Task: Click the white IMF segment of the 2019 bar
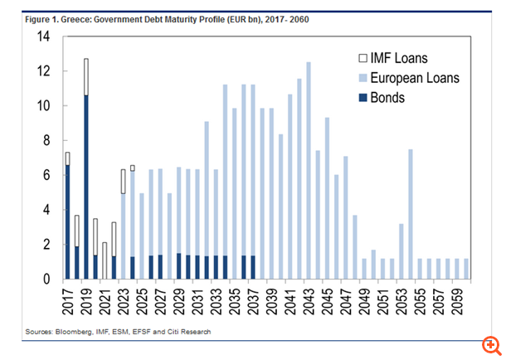coord(85,77)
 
